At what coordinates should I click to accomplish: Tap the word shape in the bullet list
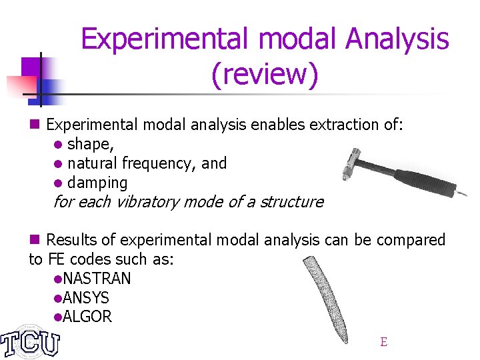[89, 144]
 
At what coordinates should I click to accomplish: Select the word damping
[97, 183]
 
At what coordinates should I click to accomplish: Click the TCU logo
[30, 341]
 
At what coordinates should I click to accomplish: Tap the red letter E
[383, 342]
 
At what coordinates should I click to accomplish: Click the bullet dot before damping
[59, 183]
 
